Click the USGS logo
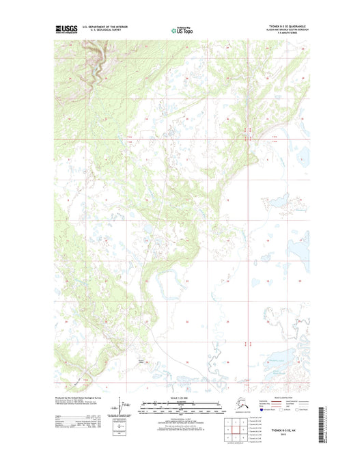click(x=66, y=28)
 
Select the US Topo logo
click(x=181, y=29)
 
